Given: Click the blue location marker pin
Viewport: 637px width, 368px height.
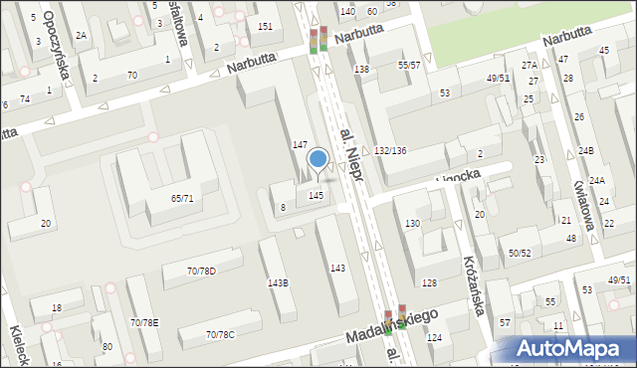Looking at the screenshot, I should pyautogui.click(x=318, y=159).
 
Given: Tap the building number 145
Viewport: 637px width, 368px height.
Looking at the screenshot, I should pyautogui.click(x=316, y=195).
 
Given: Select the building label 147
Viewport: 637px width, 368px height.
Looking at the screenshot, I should pyautogui.click(x=299, y=145).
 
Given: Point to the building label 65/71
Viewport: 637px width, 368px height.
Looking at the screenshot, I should pyautogui.click(x=182, y=199).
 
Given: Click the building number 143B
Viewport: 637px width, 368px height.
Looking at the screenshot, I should pyautogui.click(x=278, y=282).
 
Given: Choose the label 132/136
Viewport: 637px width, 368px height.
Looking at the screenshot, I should pyautogui.click(x=390, y=150).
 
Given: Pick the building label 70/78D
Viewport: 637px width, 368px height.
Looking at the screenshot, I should pyautogui.click(x=201, y=272).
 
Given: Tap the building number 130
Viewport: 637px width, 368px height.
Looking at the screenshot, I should pyautogui.click(x=412, y=224).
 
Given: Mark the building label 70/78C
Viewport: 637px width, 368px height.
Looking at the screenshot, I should pyautogui.click(x=220, y=334).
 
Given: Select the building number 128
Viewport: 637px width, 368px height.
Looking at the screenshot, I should pyautogui.click(x=429, y=284).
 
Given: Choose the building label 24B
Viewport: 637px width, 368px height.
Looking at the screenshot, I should pyautogui.click(x=586, y=151).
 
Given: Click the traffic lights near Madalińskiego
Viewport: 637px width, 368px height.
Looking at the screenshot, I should pyautogui.click(x=395, y=320).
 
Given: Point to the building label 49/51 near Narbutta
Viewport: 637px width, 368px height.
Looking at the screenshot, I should pyautogui.click(x=498, y=78).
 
